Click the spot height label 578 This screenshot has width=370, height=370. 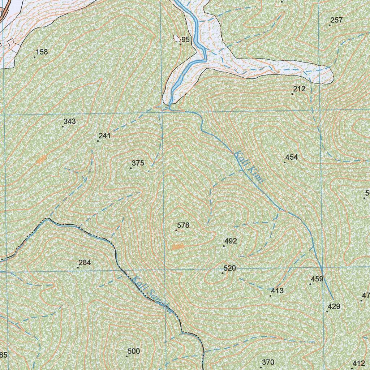(x=183, y=225)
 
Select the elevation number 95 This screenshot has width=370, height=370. (x=185, y=40)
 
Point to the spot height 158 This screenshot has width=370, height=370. (x=42, y=52)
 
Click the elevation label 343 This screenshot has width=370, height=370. (x=69, y=121)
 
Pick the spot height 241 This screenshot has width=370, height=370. (x=104, y=136)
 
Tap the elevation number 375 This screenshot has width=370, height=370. (x=138, y=163)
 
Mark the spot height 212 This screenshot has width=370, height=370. (x=299, y=89)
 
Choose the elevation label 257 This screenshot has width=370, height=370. (x=336, y=20)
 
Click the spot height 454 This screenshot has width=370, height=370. (x=292, y=157)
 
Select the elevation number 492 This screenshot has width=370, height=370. (x=231, y=241)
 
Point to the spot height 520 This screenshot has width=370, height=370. (x=230, y=268)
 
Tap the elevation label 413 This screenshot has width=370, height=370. (x=277, y=291)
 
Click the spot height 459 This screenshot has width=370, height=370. (x=317, y=279)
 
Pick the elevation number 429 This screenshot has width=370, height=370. (x=334, y=307)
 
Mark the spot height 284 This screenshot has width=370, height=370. (x=85, y=263)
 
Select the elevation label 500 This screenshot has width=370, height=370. (x=134, y=351)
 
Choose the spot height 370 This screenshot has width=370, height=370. (x=268, y=362)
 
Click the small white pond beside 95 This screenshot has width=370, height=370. (x=177, y=38)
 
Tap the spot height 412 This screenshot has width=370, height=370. (x=359, y=363)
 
